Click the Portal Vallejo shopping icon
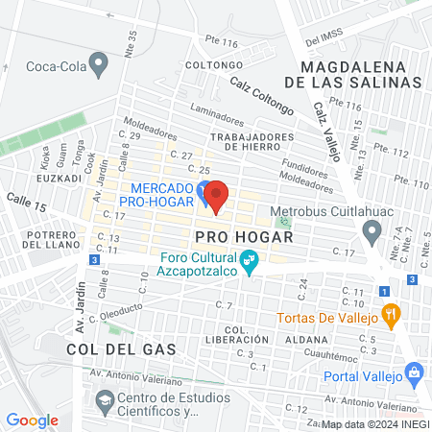pos(415,371)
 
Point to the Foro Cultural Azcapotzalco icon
pos(249,260)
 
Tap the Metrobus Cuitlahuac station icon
pos(372,230)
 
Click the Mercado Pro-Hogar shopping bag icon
pos(202,191)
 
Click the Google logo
pos(33,420)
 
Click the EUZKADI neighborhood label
pos(57,179)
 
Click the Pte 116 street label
pos(221,42)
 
